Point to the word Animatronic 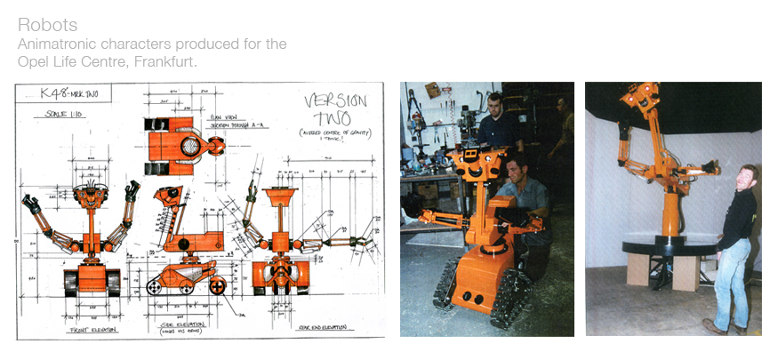[x=57, y=44]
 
